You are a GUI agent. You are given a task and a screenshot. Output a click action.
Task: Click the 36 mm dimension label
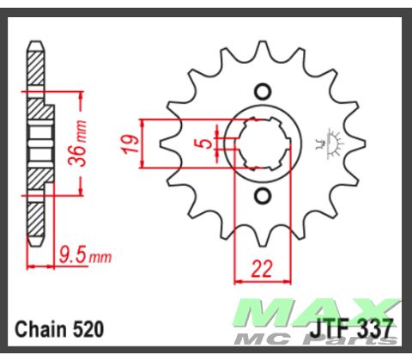[x=77, y=144]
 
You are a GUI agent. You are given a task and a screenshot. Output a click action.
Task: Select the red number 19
[x=131, y=144]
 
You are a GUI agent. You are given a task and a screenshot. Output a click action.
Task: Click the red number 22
[x=262, y=269]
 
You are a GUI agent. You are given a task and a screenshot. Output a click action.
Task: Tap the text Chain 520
[x=59, y=329]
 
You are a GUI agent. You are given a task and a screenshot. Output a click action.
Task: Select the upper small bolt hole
[x=263, y=92]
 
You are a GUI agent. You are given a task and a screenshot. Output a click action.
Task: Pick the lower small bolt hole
[x=263, y=196]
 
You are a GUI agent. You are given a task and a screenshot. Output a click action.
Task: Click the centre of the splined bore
[x=263, y=144]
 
